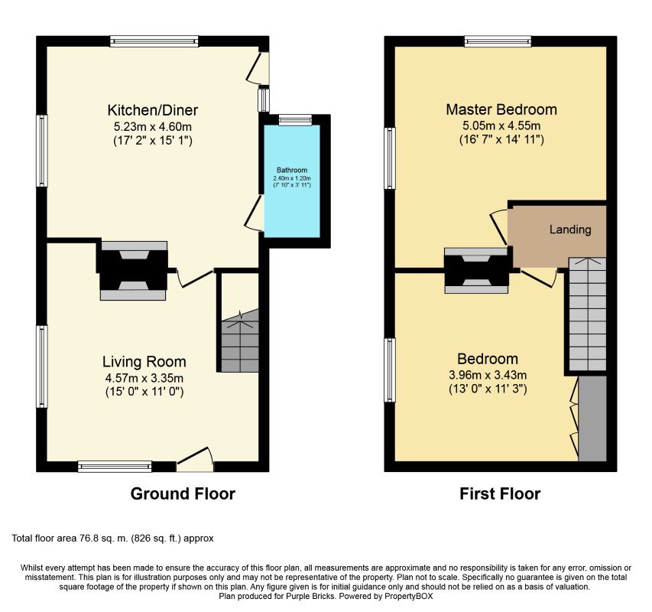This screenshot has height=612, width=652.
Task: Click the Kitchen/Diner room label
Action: tap(153, 110)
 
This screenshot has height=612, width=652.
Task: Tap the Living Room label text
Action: tap(144, 362)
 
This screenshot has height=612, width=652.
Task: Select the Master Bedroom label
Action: tap(501, 109)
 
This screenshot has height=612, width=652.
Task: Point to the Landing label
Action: tap(570, 229)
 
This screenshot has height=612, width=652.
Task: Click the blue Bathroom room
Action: tap(292, 181)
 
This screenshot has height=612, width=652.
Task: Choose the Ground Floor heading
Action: tap(183, 494)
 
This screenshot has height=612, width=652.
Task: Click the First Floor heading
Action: tap(500, 494)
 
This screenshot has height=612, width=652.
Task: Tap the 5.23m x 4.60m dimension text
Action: tap(153, 126)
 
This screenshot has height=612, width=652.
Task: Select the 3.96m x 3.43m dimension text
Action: tap(488, 375)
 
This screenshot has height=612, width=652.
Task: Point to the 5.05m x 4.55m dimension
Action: tap(501, 125)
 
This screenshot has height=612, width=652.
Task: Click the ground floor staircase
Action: tap(240, 341)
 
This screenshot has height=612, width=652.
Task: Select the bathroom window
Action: tap(295, 120)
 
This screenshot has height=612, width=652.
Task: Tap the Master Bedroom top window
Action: tap(498, 41)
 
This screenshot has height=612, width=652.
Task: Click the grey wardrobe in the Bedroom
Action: tap(592, 418)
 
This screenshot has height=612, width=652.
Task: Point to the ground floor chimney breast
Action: tap(133, 271)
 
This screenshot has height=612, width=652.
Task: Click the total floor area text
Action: tap(112, 539)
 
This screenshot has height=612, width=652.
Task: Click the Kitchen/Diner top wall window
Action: tap(154, 41)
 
